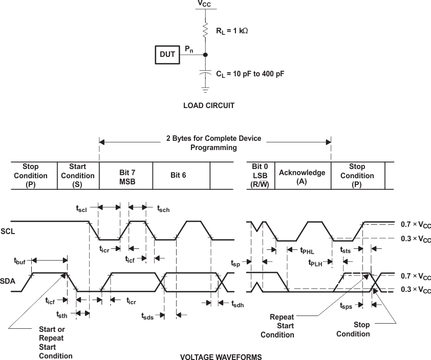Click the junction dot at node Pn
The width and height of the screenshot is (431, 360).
click(205, 54)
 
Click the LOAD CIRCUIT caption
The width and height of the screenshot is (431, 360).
click(208, 106)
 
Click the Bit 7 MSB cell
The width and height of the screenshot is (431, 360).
click(126, 176)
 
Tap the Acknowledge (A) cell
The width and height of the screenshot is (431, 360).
click(302, 176)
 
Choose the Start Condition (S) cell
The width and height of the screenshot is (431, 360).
click(77, 176)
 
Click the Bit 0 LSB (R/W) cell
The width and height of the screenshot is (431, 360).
click(260, 176)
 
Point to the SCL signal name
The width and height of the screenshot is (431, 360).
click(8, 231)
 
